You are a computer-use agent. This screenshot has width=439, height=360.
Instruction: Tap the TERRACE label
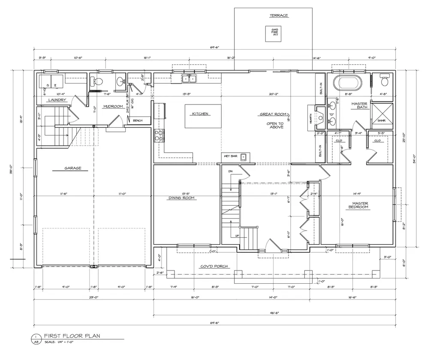[279, 16]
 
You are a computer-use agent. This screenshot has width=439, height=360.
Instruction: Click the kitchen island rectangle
[203, 116]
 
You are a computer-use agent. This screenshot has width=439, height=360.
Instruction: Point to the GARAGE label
[73, 168]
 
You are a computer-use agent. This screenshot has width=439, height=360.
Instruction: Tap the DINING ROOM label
[181, 198]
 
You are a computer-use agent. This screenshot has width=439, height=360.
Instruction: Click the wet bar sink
[244, 157]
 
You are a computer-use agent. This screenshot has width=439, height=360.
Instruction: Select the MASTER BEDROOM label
[358, 206]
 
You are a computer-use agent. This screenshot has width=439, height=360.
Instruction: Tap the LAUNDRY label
[57, 100]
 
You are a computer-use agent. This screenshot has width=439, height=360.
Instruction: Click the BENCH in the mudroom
[137, 121]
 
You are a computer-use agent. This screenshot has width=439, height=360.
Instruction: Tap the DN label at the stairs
[230, 171]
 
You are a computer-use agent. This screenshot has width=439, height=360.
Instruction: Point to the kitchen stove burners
[159, 135]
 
